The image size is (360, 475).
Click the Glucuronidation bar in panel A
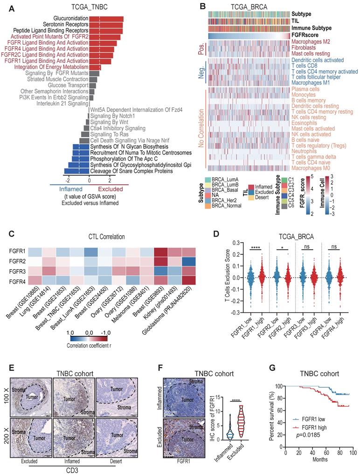point(106,19)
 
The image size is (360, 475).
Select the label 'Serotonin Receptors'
point(64,25)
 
